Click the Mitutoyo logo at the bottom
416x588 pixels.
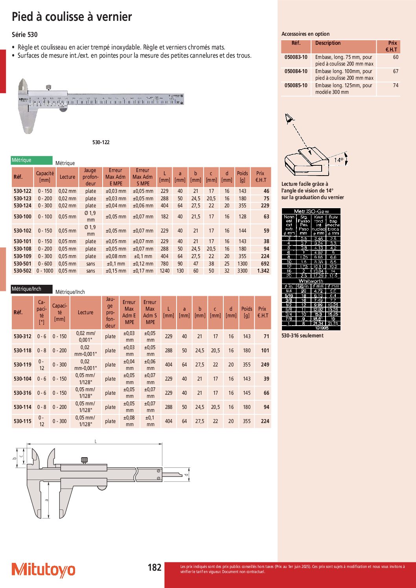[43, 570]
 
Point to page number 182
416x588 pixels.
[155, 568]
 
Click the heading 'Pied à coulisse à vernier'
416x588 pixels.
[72, 17]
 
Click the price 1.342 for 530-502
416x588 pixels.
[263, 271]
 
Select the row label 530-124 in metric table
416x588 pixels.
[22, 205]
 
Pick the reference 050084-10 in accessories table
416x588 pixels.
[296, 71]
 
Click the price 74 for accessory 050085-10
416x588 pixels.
[396, 85]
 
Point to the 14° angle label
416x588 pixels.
[339, 160]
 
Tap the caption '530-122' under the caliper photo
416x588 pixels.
[101, 142]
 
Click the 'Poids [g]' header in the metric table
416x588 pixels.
[242, 176]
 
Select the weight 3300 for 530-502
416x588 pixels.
[243, 271]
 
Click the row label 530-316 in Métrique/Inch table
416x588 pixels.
[22, 393]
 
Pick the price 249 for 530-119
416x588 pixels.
[265, 365]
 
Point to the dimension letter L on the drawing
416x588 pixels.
[96, 441]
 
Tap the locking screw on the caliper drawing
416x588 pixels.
[84, 460]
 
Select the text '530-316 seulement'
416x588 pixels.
[302, 335]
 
